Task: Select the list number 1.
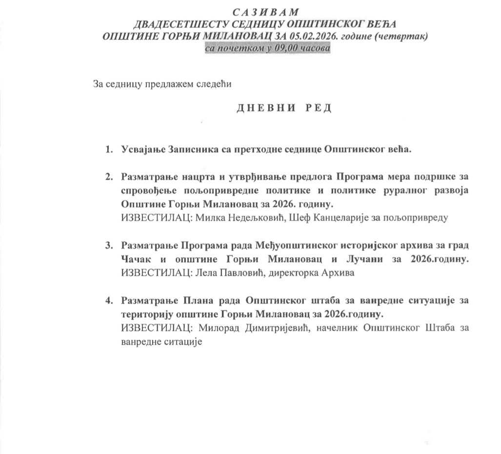[x=108, y=149]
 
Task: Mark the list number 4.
[x=108, y=300]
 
